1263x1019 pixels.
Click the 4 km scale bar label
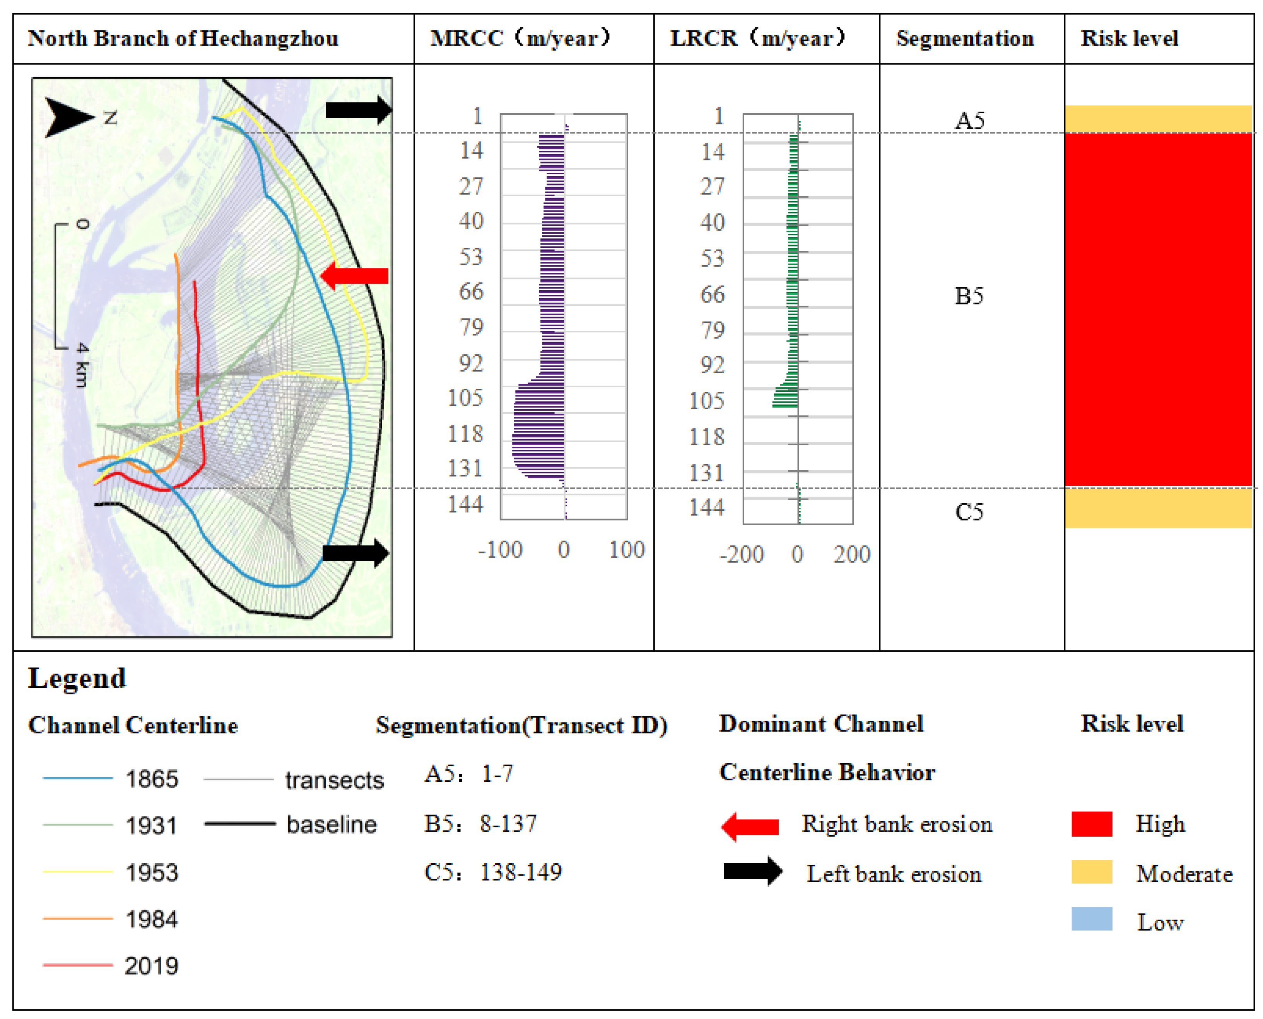82,365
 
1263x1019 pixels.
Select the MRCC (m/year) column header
520,39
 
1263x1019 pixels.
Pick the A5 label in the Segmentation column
969,121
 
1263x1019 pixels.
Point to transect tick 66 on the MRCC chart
471,292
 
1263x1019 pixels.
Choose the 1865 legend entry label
152,779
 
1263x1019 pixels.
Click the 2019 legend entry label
152,966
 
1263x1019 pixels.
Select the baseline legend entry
331,825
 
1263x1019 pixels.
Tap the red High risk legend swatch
1092,823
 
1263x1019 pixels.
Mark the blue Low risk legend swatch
1092,919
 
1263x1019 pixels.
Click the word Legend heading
77,679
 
